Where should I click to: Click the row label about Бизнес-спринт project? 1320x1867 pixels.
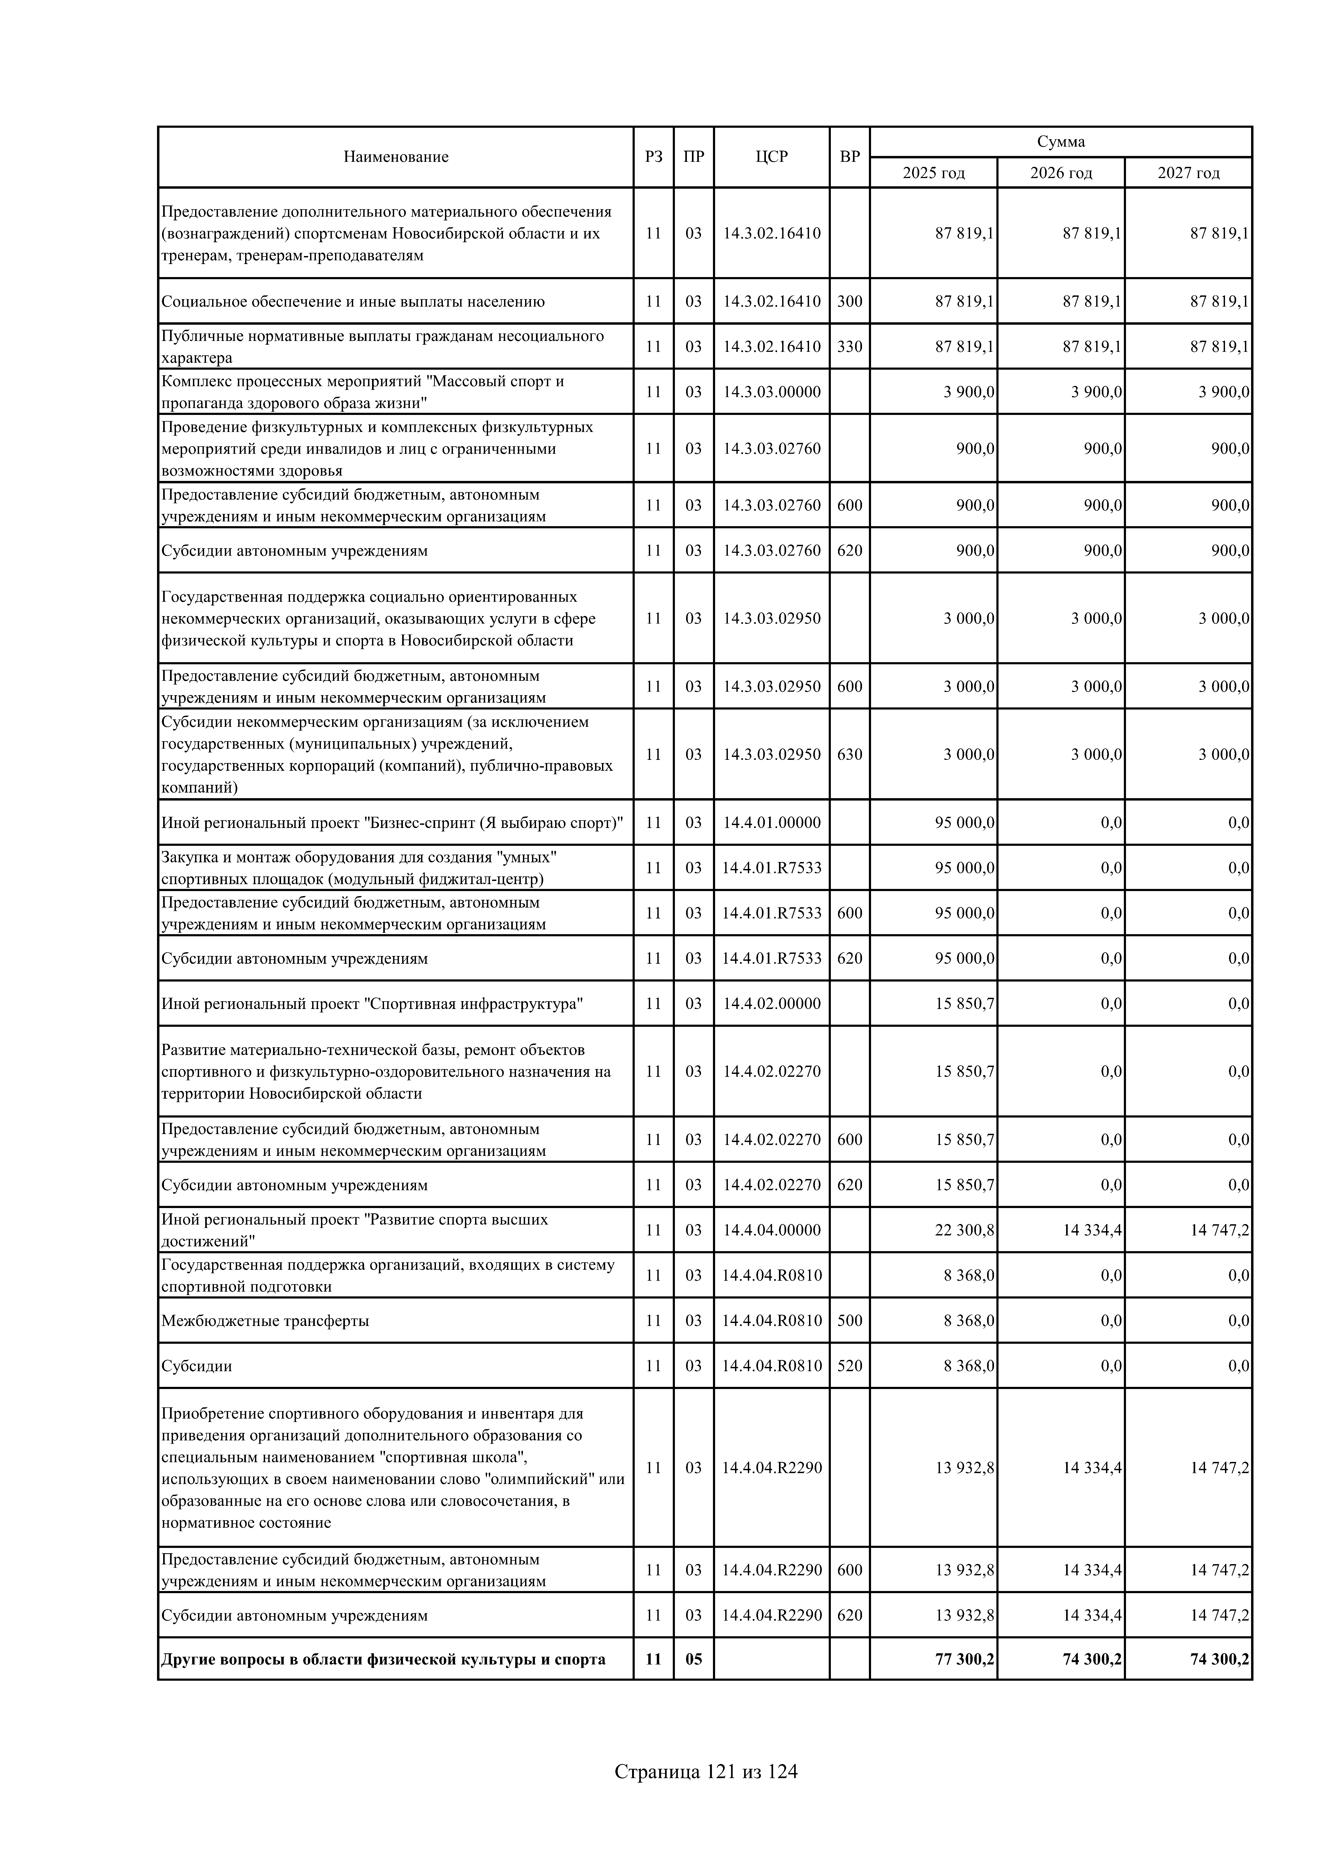(392, 823)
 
